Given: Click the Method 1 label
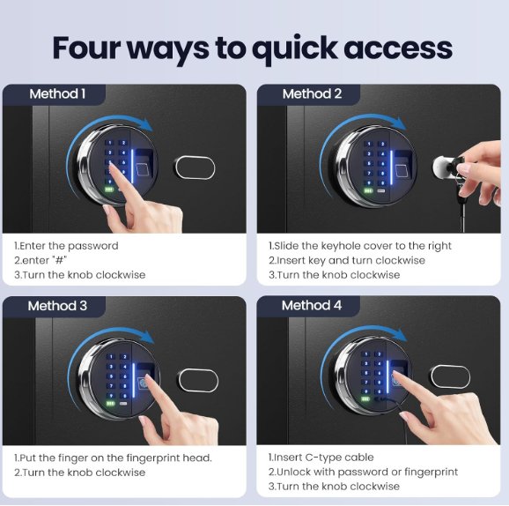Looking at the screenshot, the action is (57, 94).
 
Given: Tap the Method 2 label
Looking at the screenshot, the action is (312, 94).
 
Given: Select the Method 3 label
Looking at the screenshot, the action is (57, 306).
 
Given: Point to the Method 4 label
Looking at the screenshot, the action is (312, 306).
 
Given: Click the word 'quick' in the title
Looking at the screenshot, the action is (295, 49).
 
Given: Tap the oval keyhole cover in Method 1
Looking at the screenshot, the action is (195, 167).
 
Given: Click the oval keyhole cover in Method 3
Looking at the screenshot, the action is (197, 380).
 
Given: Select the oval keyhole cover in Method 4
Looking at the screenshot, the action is (450, 376).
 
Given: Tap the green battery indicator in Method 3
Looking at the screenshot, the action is (110, 404).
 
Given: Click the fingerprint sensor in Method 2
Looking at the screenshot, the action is (403, 164).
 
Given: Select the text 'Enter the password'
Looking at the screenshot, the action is (70, 246).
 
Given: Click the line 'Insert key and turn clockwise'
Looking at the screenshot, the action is (350, 260).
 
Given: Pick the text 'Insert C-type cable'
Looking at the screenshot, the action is (324, 458).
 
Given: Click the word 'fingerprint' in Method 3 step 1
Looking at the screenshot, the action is (153, 458).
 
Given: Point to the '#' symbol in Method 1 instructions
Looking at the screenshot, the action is (60, 260).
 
